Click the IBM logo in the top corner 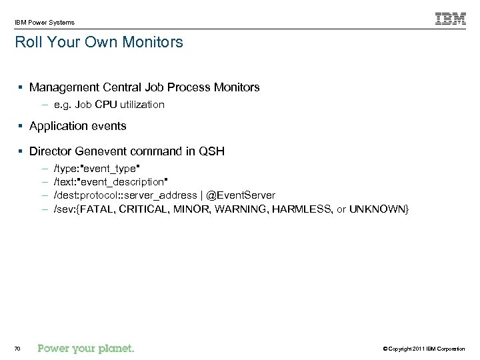451,19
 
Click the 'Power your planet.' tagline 86,348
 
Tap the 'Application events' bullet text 77,126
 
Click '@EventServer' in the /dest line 241,195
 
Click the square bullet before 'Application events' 23,126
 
